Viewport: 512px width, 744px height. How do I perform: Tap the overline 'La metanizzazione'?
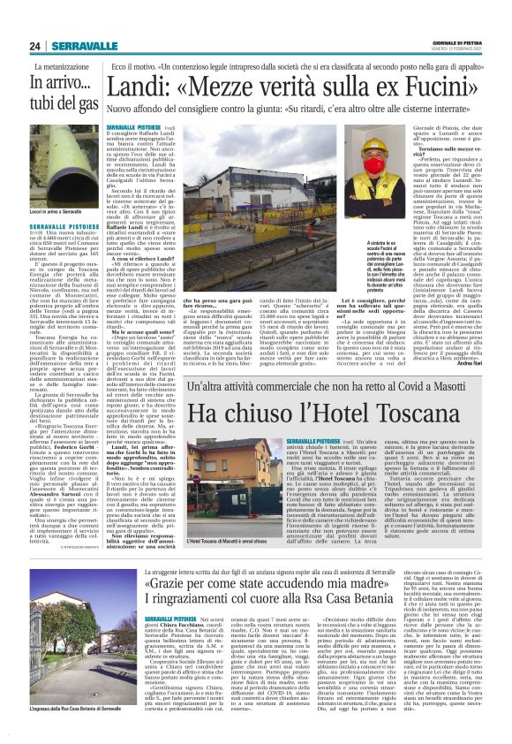point(63,66)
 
